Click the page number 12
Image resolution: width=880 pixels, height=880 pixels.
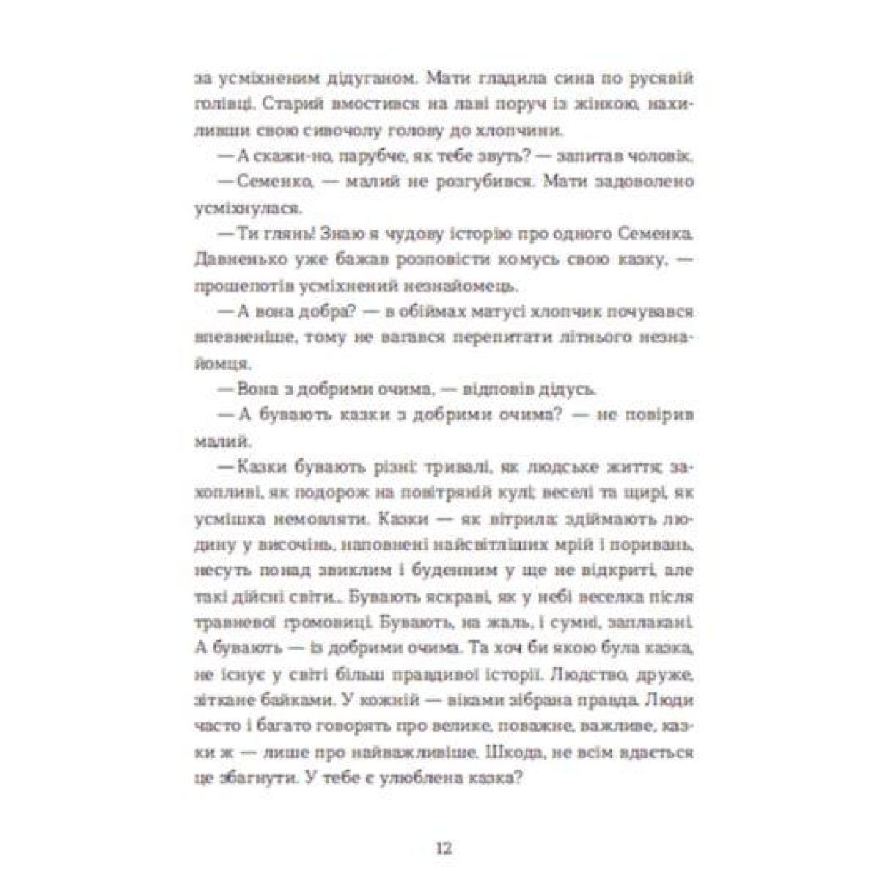[443, 848]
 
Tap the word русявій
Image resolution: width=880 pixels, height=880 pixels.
[659, 77]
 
